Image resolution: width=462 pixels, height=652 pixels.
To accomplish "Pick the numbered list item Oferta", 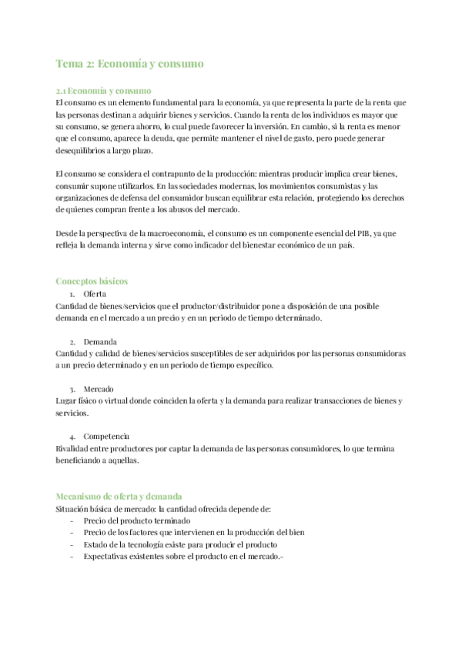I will tap(95, 294).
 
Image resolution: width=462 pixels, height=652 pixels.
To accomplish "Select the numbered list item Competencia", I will tap(105, 435).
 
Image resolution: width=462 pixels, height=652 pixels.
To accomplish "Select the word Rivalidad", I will tap(74, 447).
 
